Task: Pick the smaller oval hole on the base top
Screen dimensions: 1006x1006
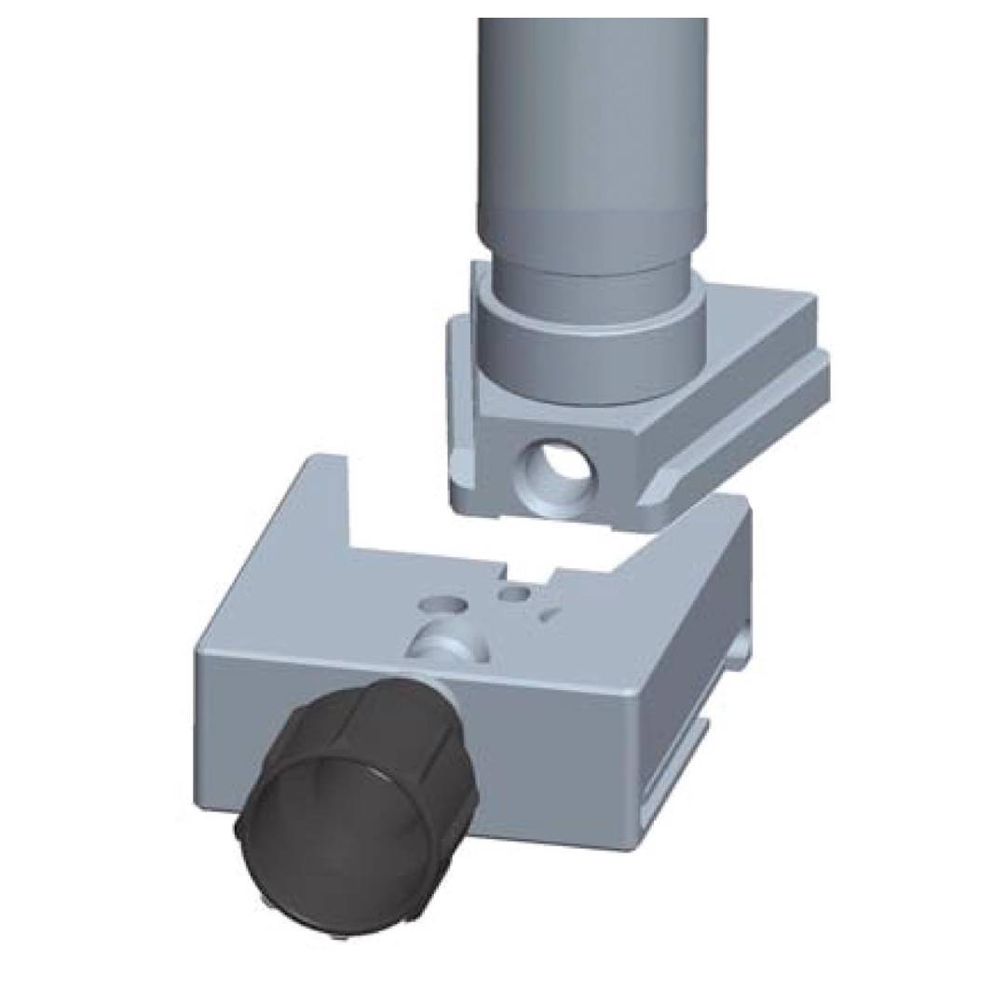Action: (513, 592)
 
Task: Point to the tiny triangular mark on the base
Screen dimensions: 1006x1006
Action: (551, 611)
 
